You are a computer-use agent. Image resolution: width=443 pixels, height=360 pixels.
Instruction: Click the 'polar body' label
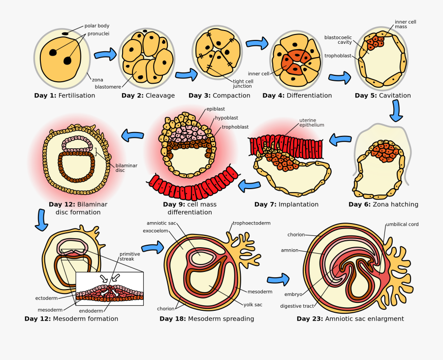(97, 26)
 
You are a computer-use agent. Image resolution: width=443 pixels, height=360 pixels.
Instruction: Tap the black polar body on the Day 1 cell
(65, 33)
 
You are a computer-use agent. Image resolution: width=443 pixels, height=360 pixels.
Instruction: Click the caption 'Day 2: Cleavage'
(148, 96)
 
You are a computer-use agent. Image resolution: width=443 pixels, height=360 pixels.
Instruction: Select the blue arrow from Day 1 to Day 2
(105, 54)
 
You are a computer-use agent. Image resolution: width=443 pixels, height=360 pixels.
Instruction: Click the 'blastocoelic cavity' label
(338, 39)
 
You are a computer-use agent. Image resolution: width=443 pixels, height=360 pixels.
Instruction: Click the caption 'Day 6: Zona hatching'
(383, 204)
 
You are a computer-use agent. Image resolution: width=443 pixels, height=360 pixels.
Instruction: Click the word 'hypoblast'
(226, 118)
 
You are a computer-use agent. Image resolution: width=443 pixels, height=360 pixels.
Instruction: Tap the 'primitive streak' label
(129, 256)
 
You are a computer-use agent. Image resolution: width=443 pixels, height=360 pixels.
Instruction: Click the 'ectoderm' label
(47, 298)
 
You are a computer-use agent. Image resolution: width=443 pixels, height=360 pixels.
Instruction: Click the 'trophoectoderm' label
(252, 223)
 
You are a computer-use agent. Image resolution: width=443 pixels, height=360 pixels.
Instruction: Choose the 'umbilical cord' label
(402, 224)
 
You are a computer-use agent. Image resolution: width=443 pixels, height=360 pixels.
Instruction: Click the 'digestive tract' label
(297, 306)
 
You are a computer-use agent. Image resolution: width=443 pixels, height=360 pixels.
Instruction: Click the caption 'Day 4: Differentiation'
(297, 96)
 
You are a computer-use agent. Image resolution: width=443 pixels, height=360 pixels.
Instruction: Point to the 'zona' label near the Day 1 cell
(97, 79)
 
